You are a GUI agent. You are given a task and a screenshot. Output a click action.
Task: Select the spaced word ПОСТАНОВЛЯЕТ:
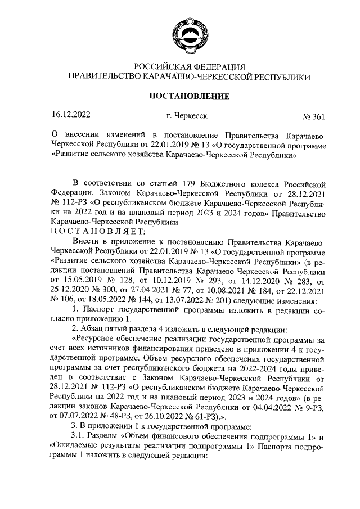pos(98,232)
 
